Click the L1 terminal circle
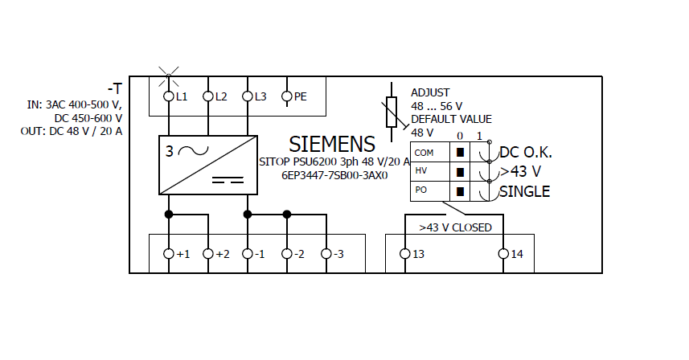[x=169, y=96]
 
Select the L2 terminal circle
[x=208, y=96]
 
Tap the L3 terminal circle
[x=247, y=96]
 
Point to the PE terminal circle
[x=286, y=96]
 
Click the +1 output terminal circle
[x=169, y=254]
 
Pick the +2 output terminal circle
[x=208, y=254]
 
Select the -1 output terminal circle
[x=247, y=254]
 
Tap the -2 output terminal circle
[x=286, y=254]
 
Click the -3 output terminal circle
[x=326, y=254]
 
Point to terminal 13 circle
[x=404, y=254]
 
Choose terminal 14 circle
[x=503, y=254]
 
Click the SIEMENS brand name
[x=332, y=144]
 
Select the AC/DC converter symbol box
[x=208, y=165]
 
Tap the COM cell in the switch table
[x=424, y=152]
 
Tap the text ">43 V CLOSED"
[x=455, y=227]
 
